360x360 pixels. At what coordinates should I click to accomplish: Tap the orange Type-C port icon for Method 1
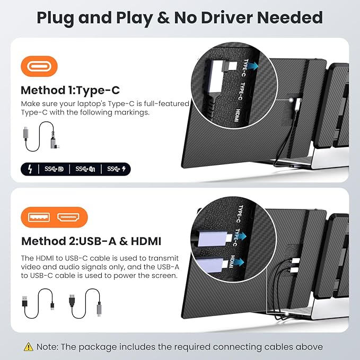pos(39,67)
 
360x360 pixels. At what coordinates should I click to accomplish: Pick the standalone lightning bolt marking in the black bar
pos(30,169)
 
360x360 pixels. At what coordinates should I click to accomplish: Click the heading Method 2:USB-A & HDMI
pos(91,241)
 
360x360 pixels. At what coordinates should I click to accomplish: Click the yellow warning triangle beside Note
pos(28,347)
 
